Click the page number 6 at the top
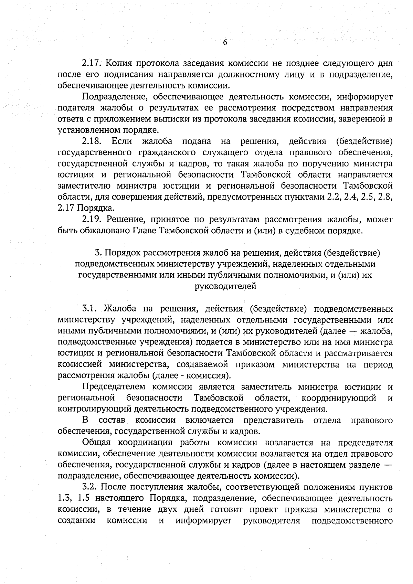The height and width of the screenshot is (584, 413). tap(225, 43)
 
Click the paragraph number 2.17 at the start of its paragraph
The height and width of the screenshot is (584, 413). tap(91, 63)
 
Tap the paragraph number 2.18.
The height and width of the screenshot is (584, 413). tap(91, 141)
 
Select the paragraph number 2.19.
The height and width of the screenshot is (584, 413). tap(91, 219)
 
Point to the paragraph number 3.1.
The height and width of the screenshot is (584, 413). tap(91, 308)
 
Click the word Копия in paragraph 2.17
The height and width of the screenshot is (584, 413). tap(118, 63)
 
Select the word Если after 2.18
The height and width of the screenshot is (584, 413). tap(121, 141)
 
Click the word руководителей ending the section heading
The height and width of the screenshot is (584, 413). tap(225, 286)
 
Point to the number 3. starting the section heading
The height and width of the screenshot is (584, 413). tap(98, 253)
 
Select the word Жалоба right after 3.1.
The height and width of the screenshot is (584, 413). tap(119, 308)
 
